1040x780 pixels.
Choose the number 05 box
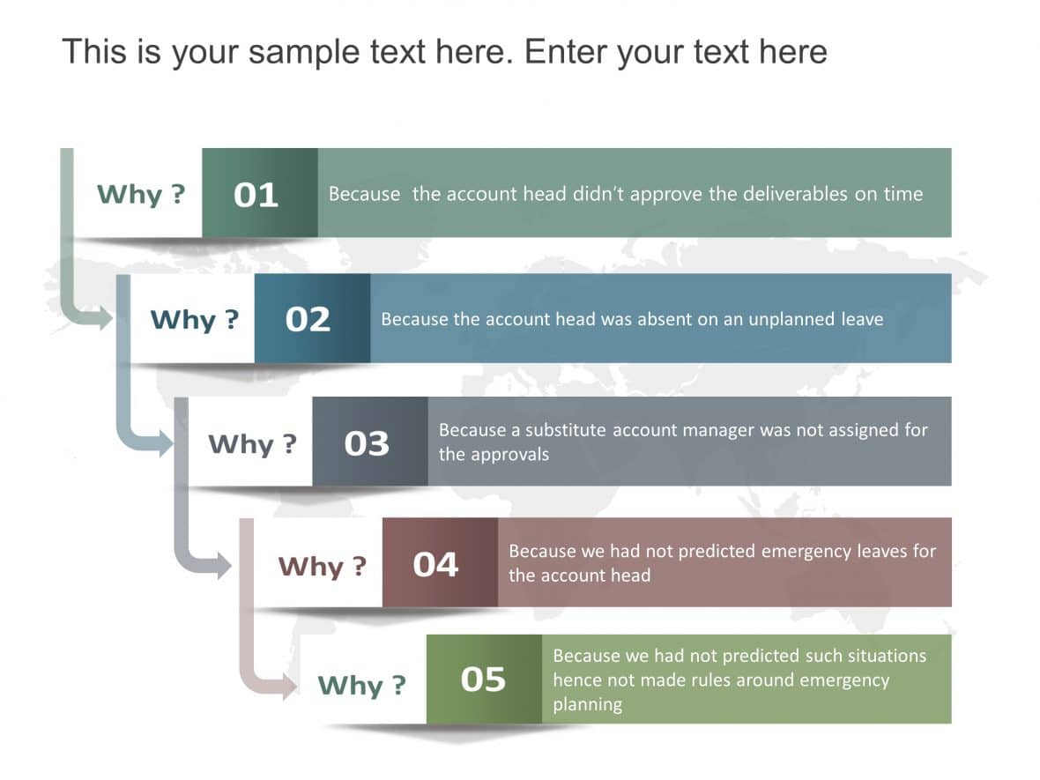tap(484, 680)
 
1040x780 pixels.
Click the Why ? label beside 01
tap(141, 194)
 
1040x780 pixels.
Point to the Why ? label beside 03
tap(252, 443)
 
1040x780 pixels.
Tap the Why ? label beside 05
tap(361, 685)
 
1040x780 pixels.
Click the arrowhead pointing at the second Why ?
tap(103, 316)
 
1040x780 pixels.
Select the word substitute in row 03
tap(566, 430)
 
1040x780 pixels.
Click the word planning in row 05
tap(587, 705)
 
